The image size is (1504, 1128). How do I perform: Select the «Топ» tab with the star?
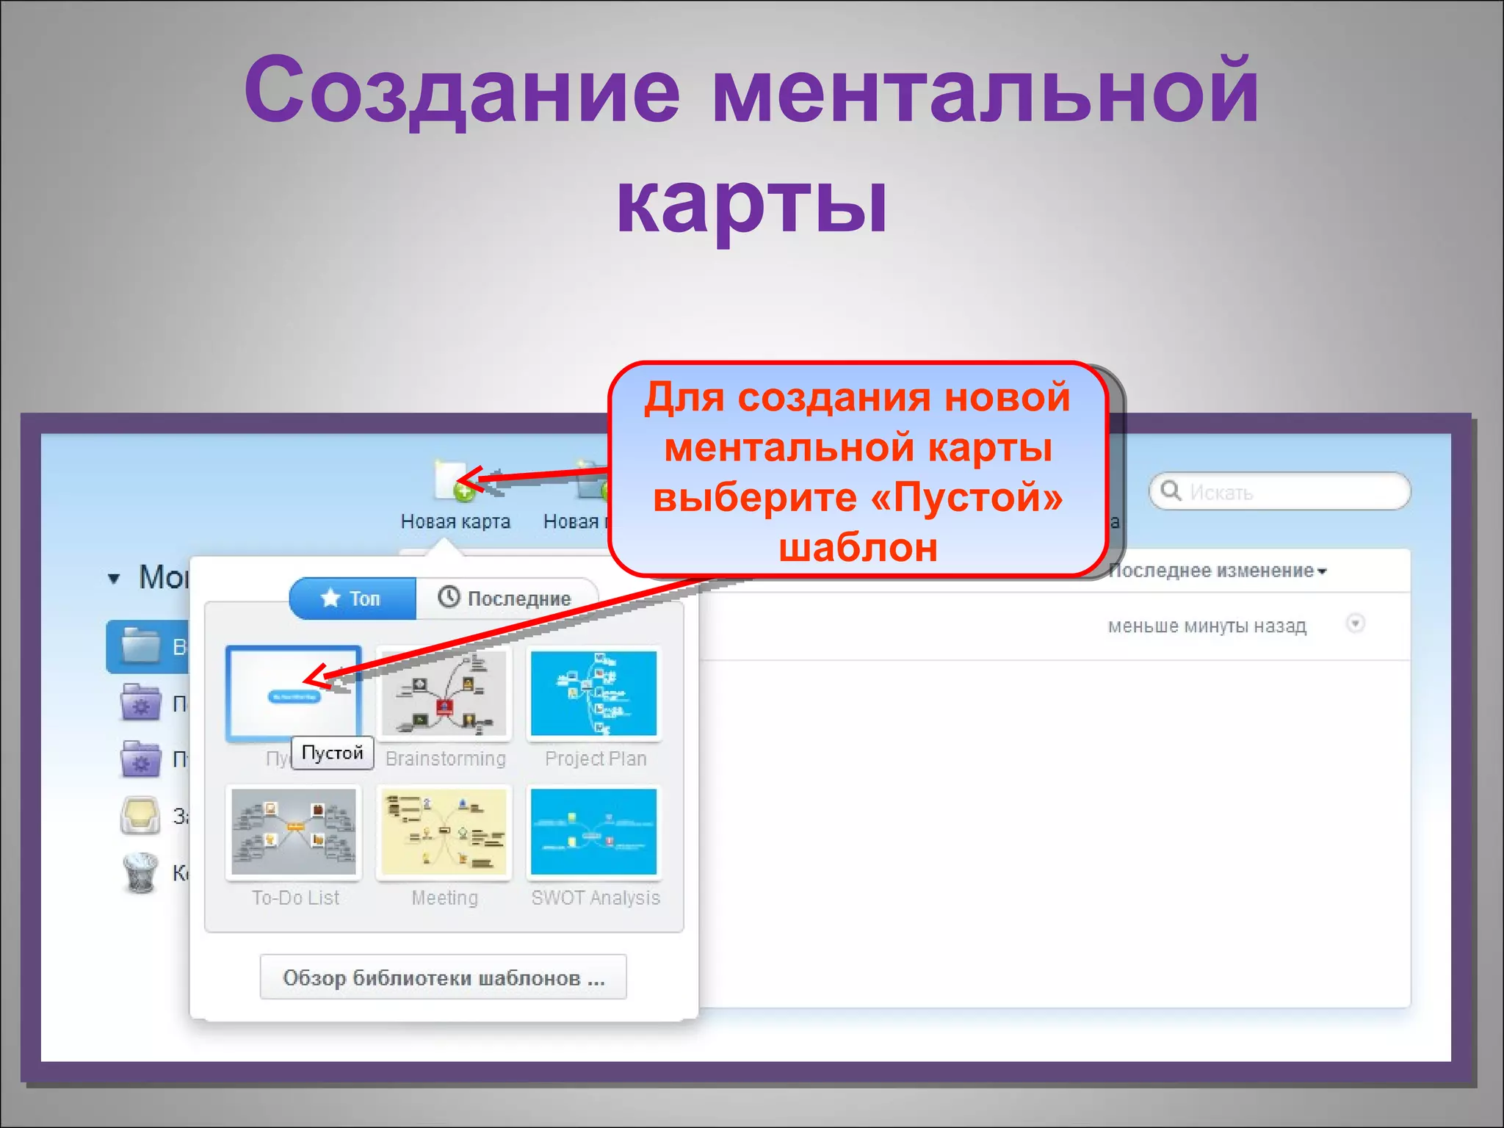point(352,599)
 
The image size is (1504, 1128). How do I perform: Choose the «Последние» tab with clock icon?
point(506,599)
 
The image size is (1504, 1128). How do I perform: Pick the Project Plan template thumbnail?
point(594,693)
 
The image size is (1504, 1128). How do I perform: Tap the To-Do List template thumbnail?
point(294,831)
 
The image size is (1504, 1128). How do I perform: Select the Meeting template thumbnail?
point(444,831)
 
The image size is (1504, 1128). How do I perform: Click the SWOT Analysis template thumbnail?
point(594,831)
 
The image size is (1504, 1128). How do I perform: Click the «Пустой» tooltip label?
point(333,753)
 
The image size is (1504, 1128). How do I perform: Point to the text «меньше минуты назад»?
point(1207,626)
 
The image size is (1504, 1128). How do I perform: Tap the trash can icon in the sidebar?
point(140,872)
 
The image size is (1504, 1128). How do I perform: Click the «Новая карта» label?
point(455,521)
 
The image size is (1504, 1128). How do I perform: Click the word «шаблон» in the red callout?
point(858,548)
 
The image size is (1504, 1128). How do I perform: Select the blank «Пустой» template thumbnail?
point(294,693)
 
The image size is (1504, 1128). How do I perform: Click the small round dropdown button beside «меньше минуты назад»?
point(1355,624)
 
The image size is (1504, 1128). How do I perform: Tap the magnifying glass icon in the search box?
point(1171,491)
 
